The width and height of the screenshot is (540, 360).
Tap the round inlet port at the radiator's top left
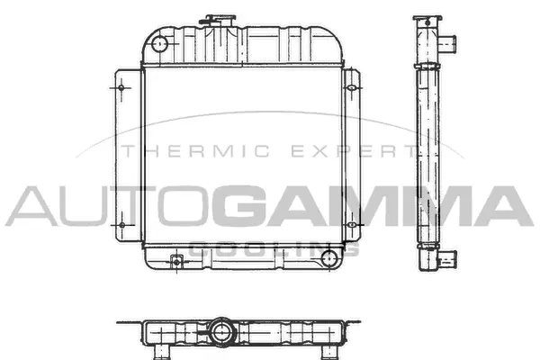point(158,44)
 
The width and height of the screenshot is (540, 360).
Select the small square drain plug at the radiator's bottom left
point(177,262)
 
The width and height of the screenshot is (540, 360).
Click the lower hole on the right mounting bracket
point(352,222)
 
